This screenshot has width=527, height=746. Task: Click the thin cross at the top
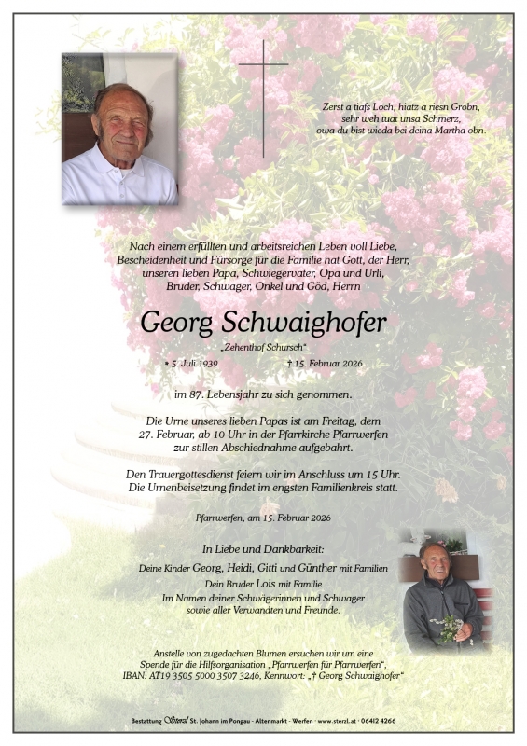coord(263,93)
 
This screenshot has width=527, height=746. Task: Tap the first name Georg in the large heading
coord(177,323)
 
